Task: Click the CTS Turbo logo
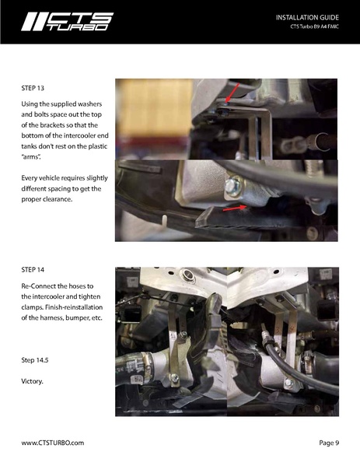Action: tap(68, 22)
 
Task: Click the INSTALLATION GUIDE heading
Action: tap(307, 18)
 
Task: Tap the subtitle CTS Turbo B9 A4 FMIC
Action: tap(315, 26)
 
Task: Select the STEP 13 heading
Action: tap(33, 88)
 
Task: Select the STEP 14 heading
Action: tap(33, 269)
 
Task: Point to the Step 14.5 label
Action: tap(35, 360)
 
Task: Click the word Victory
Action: tap(32, 381)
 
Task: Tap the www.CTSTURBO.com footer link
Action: tap(53, 443)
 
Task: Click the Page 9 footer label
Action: tap(329, 443)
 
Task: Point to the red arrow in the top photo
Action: tap(232, 93)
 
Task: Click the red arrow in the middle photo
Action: tap(235, 208)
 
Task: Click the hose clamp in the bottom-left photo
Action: tap(146, 366)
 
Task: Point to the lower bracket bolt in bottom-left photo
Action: tap(174, 378)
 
